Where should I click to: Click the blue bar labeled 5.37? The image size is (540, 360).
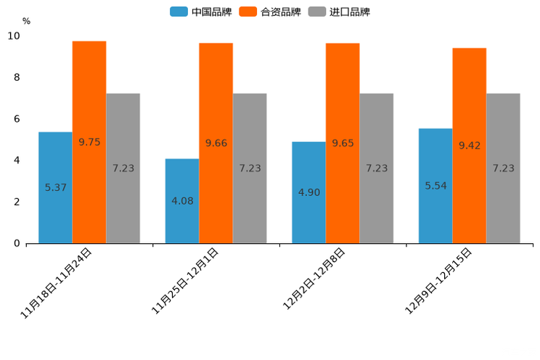click(55, 187)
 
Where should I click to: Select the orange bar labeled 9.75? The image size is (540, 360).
click(89, 142)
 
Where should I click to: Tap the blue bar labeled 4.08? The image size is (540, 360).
click(182, 200)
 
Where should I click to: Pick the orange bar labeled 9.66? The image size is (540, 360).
click(216, 143)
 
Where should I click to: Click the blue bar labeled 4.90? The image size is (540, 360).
click(308, 192)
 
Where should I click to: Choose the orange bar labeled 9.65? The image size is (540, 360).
click(343, 143)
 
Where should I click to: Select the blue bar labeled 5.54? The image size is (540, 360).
click(435, 186)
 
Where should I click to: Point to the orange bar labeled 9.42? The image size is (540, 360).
click(470, 145)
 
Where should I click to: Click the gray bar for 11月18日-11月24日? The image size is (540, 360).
click(123, 168)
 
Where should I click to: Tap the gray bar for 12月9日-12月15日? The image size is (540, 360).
click(503, 168)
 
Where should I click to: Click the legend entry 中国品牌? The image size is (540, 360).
click(200, 12)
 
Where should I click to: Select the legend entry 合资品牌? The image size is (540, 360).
click(270, 12)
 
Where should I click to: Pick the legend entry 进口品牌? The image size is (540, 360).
click(339, 12)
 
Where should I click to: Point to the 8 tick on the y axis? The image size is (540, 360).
click(17, 78)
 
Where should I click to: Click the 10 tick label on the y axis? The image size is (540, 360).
click(15, 36)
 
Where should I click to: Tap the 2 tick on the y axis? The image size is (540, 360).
click(17, 202)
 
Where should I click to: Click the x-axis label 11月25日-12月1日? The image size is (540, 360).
click(184, 280)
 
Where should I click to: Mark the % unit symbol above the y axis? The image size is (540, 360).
click(26, 22)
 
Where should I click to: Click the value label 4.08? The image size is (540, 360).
click(182, 200)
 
